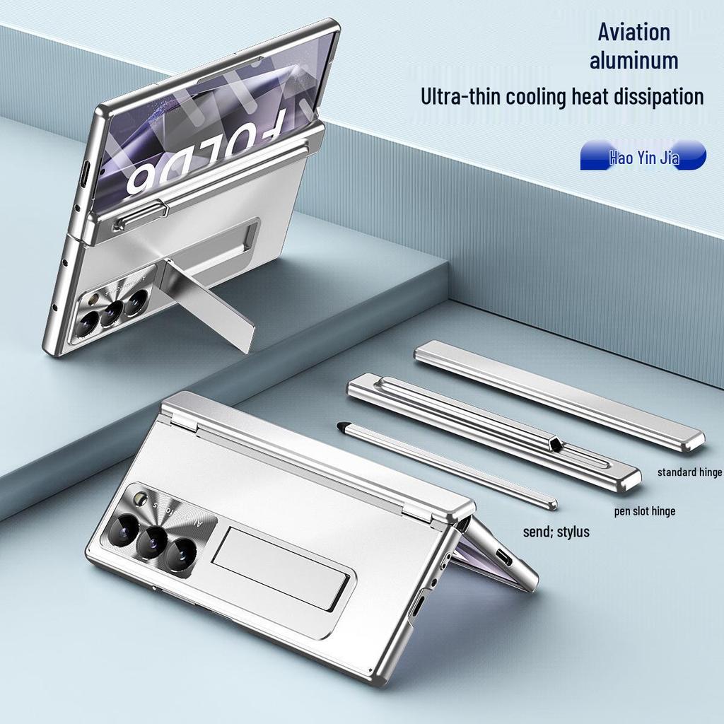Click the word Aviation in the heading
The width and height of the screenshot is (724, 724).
click(x=633, y=32)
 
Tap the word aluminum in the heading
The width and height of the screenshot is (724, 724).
click(x=633, y=61)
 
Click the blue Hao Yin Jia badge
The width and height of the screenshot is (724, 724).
click(x=643, y=156)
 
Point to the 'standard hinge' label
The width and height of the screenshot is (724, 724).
click(x=689, y=472)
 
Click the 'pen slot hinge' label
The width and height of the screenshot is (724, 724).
click(x=643, y=510)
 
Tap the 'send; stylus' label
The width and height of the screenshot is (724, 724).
click(x=556, y=532)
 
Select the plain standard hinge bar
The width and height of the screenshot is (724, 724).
click(x=559, y=395)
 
